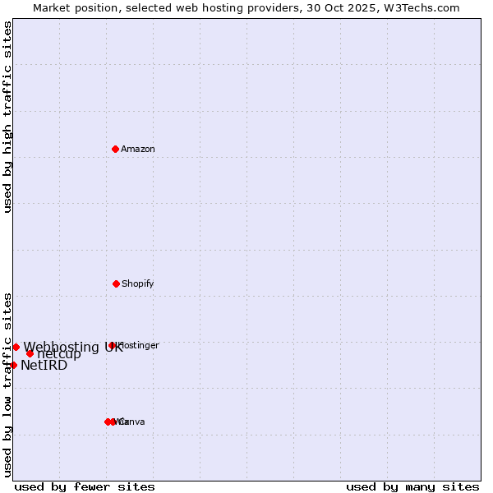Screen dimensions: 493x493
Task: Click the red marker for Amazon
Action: pyautogui.click(x=115, y=149)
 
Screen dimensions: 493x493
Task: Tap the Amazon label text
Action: pyautogui.click(x=138, y=150)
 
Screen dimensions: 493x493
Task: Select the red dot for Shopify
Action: pyautogui.click(x=116, y=283)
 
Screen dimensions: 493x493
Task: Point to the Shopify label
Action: pyautogui.click(x=138, y=284)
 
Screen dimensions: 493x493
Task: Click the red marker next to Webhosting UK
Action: pyautogui.click(x=16, y=347)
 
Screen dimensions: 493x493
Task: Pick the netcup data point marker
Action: pyautogui.click(x=30, y=353)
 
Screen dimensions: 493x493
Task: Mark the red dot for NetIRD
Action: pyautogui.click(x=13, y=365)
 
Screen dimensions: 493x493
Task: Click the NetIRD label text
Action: pyautogui.click(x=44, y=366)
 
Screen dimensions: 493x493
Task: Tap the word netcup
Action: pyautogui.click(x=59, y=354)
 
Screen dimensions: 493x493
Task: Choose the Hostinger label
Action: pyautogui.click(x=138, y=346)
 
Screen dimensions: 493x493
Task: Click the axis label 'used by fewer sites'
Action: pyautogui.click(x=85, y=486)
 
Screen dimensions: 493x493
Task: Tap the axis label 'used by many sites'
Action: pyautogui.click(x=412, y=486)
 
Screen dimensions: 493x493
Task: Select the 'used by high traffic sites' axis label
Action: pyautogui.click(x=8, y=117)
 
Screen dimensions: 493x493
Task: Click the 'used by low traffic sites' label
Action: pyautogui.click(x=8, y=385)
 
